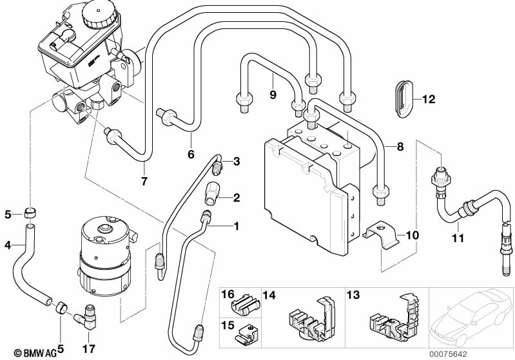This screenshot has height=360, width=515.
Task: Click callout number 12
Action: pos(429,99)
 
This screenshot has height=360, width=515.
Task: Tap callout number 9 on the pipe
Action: pos(273,95)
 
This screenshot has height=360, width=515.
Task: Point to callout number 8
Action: pos(400,147)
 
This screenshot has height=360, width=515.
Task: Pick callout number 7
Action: pos(144,181)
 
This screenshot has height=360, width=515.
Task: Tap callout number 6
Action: pos(190,154)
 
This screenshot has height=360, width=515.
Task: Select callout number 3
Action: pos(236,161)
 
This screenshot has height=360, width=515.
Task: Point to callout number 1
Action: pos(236,226)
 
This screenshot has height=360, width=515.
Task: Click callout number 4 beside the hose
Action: pos(8,244)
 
